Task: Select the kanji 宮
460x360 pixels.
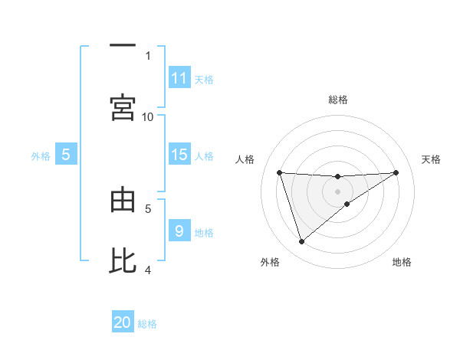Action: click(x=123, y=108)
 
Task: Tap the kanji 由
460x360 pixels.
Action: click(x=123, y=201)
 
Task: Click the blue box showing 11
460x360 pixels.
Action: click(x=179, y=78)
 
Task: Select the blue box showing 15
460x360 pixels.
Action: click(x=179, y=155)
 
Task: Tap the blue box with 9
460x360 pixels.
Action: click(x=179, y=231)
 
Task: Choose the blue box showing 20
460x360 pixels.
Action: click(x=123, y=323)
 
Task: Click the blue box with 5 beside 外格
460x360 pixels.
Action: click(x=66, y=155)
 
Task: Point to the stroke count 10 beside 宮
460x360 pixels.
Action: click(x=148, y=116)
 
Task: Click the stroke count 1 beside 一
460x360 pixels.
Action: click(x=148, y=55)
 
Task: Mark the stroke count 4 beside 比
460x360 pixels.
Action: click(x=148, y=270)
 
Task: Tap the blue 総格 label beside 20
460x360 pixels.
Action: click(x=147, y=324)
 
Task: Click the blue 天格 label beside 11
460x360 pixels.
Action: click(x=204, y=79)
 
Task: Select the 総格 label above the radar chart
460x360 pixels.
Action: click(x=337, y=100)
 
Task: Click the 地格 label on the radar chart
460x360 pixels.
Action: click(x=402, y=262)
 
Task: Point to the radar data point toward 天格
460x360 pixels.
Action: click(x=396, y=172)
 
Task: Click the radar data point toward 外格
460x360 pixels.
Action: click(x=301, y=242)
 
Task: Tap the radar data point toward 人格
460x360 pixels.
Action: click(x=279, y=172)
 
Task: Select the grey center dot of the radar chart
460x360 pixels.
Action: click(x=337, y=191)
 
